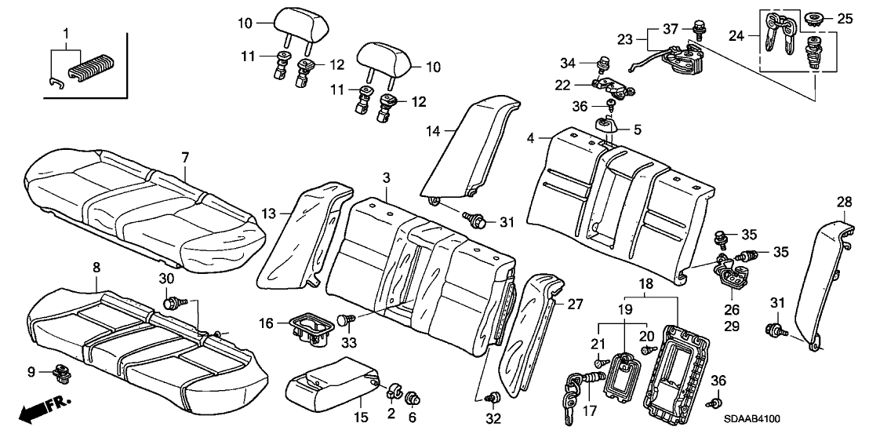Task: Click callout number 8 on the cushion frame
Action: click(x=96, y=268)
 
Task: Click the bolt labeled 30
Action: click(x=170, y=301)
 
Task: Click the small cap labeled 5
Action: click(x=605, y=125)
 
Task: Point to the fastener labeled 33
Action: click(x=345, y=319)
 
